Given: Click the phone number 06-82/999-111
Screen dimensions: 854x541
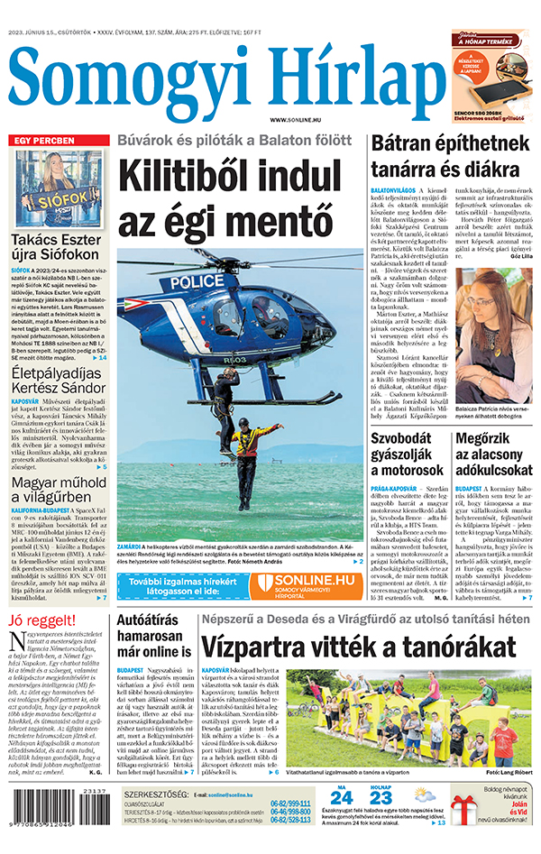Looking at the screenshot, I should [289, 803].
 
